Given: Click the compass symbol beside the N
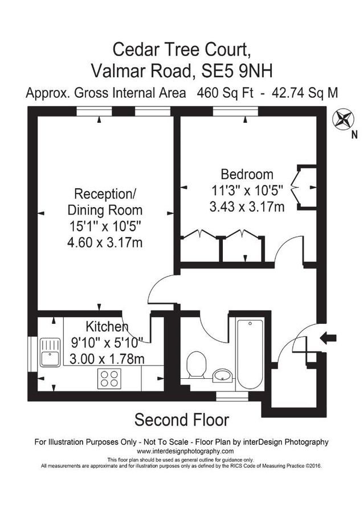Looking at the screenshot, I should click(x=343, y=121).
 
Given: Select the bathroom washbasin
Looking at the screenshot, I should click(x=222, y=375).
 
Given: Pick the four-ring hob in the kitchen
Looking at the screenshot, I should click(x=109, y=378).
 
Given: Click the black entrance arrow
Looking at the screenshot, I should click(x=328, y=338).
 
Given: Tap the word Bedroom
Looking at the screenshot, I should click(x=247, y=174).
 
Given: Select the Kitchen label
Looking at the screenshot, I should click(x=107, y=327).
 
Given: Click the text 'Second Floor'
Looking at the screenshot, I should click(x=181, y=420).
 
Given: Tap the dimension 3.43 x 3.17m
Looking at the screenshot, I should click(x=247, y=207).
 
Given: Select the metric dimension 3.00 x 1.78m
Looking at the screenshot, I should click(x=107, y=359).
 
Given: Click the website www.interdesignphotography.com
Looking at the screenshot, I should click(x=181, y=451).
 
